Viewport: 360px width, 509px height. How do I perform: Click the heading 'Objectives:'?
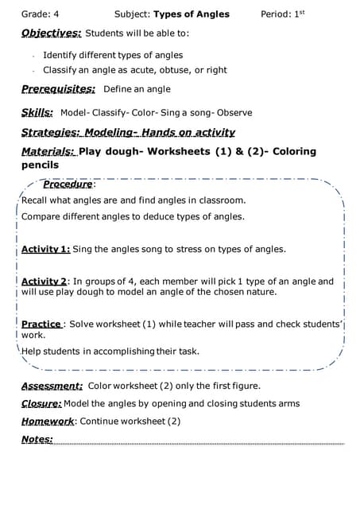(x=51, y=34)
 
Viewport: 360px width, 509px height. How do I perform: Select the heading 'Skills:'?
(x=37, y=112)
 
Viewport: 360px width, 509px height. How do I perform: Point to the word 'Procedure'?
(x=68, y=185)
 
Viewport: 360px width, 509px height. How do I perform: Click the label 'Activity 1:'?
(x=45, y=249)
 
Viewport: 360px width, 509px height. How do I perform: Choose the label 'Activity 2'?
(x=44, y=282)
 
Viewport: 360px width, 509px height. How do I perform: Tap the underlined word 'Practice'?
(x=41, y=324)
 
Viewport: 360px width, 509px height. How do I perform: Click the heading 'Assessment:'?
(x=52, y=386)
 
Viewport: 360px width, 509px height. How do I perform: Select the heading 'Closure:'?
(x=41, y=403)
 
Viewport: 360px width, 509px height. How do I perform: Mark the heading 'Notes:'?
(x=37, y=439)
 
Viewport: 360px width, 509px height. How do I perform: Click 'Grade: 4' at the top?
(x=40, y=14)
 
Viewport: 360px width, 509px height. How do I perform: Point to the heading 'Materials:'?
(x=48, y=151)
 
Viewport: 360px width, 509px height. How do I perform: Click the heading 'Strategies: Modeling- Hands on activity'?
(x=128, y=132)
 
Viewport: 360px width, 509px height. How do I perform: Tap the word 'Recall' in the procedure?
(x=35, y=200)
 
